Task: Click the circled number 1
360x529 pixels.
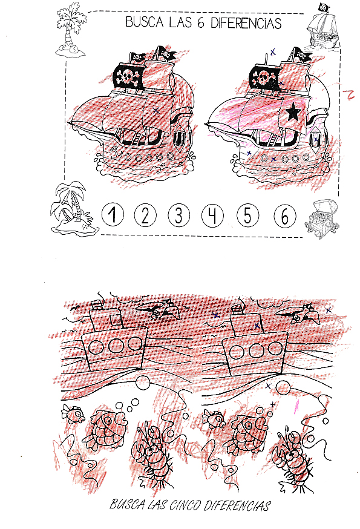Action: point(113,215)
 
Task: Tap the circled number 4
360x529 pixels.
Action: point(212,215)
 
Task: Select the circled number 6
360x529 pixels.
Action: point(285,215)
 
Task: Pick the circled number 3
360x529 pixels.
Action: point(179,215)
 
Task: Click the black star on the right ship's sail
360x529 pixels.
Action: point(293,112)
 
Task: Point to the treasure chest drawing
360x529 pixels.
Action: point(321,219)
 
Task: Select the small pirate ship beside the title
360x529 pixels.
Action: point(323,28)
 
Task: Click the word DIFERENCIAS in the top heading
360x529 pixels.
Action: point(246,23)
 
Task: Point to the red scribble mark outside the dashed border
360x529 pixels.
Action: point(348,95)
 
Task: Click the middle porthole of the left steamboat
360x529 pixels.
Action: point(116,345)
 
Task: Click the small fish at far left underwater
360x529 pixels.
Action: point(73,413)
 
